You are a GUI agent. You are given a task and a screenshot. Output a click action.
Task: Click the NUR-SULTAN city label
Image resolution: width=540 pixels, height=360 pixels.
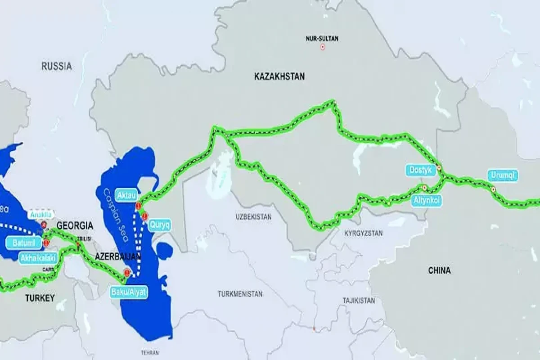pyautogui.click(x=322, y=39)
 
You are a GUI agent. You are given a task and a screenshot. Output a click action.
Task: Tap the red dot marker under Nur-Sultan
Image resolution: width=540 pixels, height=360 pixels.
pyautogui.click(x=322, y=47)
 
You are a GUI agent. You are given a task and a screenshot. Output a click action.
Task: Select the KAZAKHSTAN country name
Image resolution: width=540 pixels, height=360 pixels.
pyautogui.click(x=279, y=76)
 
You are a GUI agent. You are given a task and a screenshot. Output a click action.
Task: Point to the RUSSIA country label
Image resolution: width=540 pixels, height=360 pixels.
pyautogui.click(x=56, y=66)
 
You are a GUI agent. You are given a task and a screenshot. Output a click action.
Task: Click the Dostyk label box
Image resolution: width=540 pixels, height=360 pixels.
pyautogui.click(x=421, y=170)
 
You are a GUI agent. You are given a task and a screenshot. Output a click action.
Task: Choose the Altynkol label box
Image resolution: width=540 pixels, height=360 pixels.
pyautogui.click(x=426, y=201)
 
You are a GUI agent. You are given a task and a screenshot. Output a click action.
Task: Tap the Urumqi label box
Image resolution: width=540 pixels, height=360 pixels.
pyautogui.click(x=502, y=175)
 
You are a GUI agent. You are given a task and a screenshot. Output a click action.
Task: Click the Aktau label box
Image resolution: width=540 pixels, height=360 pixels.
pyautogui.click(x=126, y=195)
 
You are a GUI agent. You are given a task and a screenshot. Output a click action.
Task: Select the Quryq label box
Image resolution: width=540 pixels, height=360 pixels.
pyautogui.click(x=159, y=225)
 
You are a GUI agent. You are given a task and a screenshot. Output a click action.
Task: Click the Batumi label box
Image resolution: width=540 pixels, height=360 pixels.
pyautogui.click(x=21, y=243)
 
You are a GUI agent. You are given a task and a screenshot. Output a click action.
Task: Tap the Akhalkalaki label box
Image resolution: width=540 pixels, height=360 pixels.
pyautogui.click(x=39, y=258)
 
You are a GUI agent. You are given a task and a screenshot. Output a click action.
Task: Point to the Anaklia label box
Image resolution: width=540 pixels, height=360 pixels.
pyautogui.click(x=40, y=215)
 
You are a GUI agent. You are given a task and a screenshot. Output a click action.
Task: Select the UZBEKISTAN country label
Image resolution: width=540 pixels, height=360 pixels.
pyautogui.click(x=254, y=217)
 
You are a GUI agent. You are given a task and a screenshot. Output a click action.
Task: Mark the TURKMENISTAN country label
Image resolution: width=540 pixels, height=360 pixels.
pyautogui.click(x=240, y=294)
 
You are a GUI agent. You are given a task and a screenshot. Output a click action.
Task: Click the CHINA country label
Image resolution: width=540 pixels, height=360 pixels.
pyautogui.click(x=439, y=270)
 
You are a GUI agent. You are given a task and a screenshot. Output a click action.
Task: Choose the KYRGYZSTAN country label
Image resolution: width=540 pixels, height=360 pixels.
pyautogui.click(x=363, y=233)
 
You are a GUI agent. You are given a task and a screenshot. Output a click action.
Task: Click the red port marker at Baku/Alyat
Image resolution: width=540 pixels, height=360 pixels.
pyautogui.click(x=127, y=272)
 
